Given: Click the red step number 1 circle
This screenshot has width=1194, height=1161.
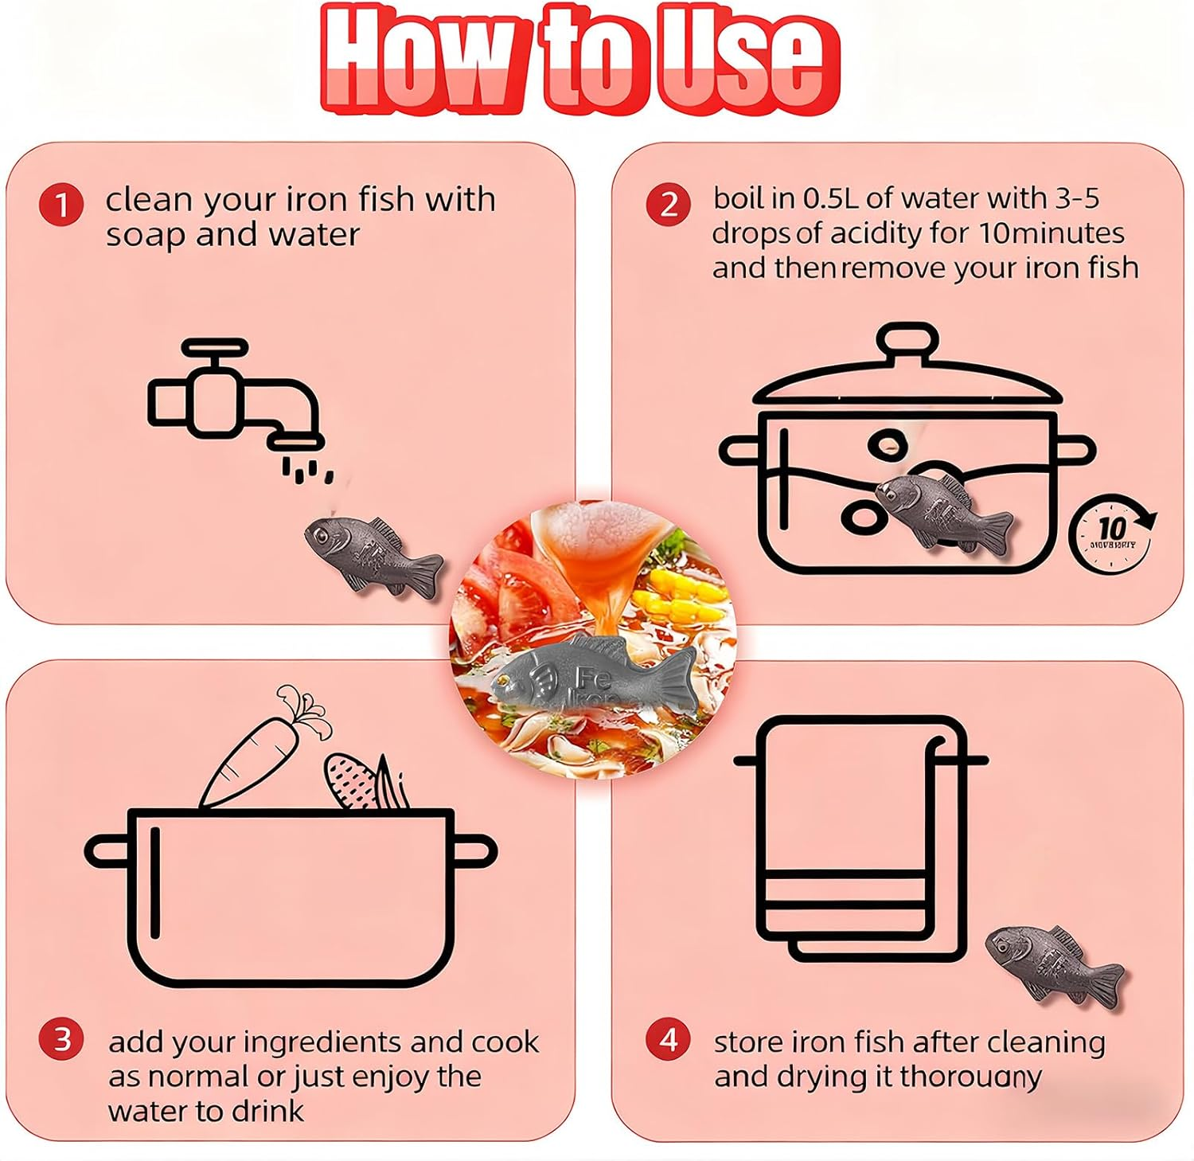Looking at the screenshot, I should tap(61, 205).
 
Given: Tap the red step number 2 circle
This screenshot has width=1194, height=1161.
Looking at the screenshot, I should tap(668, 205).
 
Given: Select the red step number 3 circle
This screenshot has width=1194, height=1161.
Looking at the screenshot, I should tap(61, 1040).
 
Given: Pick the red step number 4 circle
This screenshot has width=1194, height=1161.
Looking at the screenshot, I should tap(668, 1040).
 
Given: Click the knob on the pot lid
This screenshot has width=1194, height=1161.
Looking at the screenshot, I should tap(907, 341).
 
